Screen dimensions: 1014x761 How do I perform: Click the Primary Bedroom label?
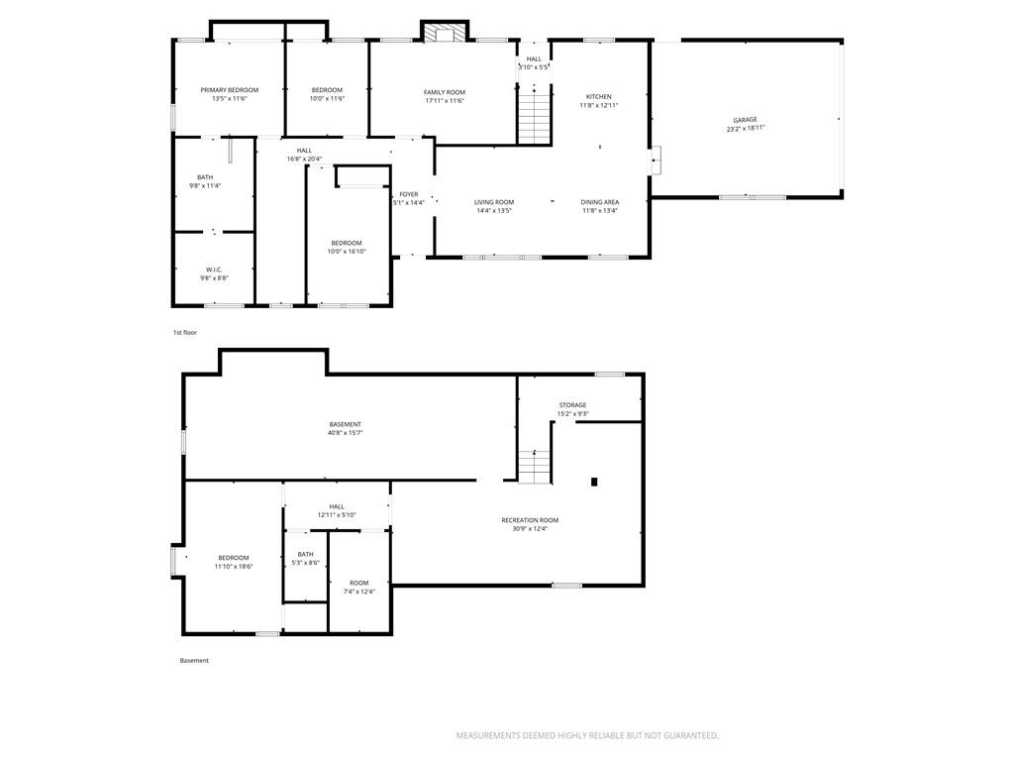click(x=230, y=90)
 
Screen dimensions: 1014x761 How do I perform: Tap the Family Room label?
click(x=445, y=92)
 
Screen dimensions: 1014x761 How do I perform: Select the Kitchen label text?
click(x=599, y=96)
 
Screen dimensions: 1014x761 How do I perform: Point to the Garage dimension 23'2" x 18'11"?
click(x=746, y=128)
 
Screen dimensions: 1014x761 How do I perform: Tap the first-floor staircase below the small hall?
click(x=534, y=117)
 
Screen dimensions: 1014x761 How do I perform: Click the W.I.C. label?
click(x=214, y=270)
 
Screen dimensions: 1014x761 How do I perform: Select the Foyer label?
click(x=409, y=194)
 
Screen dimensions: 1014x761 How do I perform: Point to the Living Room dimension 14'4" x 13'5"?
click(x=494, y=210)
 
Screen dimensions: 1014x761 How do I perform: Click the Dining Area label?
click(x=599, y=202)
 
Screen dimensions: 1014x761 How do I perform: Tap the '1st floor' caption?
click(x=185, y=333)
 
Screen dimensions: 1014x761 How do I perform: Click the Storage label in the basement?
click(x=573, y=405)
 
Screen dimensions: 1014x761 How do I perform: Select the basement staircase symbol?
click(x=535, y=467)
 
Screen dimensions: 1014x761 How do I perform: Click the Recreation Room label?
click(x=530, y=520)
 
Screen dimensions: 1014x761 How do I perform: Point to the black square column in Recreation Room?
click(x=594, y=482)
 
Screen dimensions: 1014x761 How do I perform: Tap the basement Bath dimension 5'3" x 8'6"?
click(x=305, y=563)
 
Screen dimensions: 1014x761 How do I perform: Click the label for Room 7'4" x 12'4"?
click(x=358, y=583)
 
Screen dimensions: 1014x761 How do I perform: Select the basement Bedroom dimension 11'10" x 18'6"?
click(x=234, y=566)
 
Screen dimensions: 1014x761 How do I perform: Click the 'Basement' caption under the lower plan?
click(x=194, y=661)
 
